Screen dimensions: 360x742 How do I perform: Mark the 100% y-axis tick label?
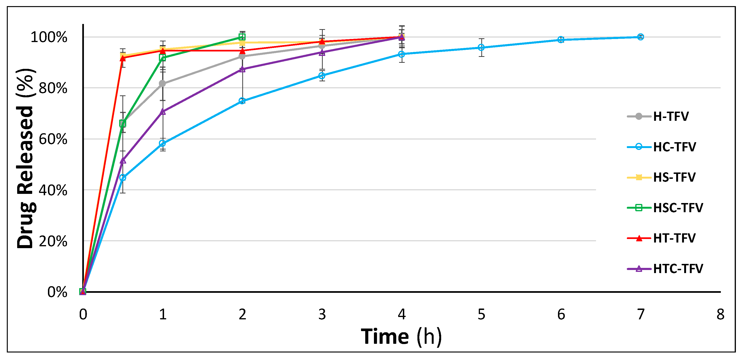(49, 37)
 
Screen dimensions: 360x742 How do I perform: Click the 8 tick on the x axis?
(720, 314)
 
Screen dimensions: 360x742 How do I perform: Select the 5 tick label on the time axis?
(481, 314)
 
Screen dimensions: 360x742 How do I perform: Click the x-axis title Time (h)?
(401, 337)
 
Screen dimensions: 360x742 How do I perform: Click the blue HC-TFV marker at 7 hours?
(640, 37)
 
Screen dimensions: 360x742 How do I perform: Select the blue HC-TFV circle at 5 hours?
(481, 47)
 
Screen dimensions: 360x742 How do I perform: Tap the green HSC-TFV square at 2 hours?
(242, 37)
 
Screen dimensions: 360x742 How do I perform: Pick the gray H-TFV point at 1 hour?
(162, 83)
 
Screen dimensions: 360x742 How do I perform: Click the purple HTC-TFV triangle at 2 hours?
(242, 69)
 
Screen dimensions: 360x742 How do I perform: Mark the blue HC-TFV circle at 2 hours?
(242, 101)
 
